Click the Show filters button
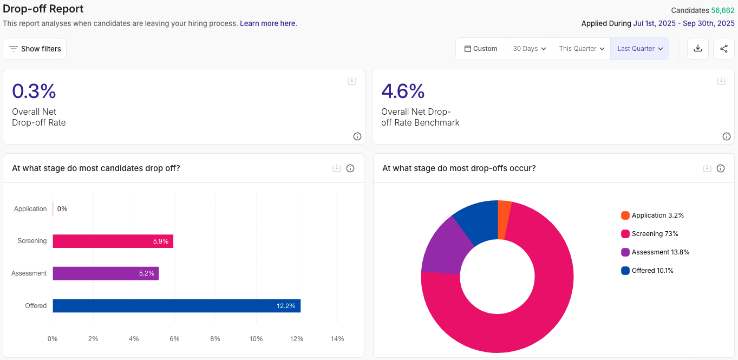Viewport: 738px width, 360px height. [35, 49]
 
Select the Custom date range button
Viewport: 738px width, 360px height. [481, 49]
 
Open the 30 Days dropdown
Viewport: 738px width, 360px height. [529, 49]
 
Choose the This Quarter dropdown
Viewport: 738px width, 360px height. [581, 49]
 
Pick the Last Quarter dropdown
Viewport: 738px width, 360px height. [639, 49]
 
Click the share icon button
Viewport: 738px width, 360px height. [724, 49]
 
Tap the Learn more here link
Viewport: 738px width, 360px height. [267, 23]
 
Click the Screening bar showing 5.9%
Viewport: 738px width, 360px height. [113, 241]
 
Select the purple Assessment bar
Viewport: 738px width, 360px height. [106, 273]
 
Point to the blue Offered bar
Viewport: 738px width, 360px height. [177, 306]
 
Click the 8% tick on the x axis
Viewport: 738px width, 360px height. [215, 339]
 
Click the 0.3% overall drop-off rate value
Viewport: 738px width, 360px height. [34, 91]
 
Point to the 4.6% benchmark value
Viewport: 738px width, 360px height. [403, 91]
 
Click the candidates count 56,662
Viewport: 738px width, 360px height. [723, 10]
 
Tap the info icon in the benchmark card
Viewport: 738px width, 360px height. [727, 136]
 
